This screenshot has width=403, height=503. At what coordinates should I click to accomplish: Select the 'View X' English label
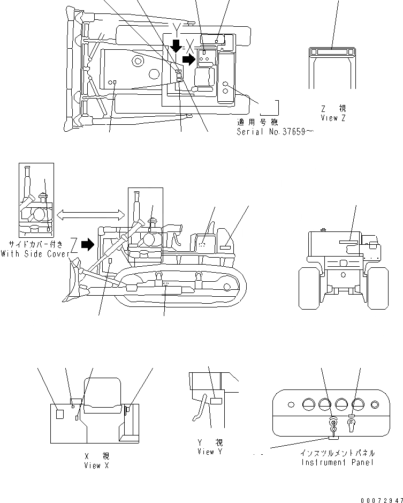click(96, 466)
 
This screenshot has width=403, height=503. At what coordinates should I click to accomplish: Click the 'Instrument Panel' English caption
click(337, 462)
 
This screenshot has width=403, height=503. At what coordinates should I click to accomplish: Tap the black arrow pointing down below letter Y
click(175, 46)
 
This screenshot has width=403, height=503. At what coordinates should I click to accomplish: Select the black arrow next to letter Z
click(86, 245)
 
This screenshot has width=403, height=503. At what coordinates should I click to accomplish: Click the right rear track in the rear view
click(378, 288)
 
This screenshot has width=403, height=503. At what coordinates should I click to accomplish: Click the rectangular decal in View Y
click(216, 401)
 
